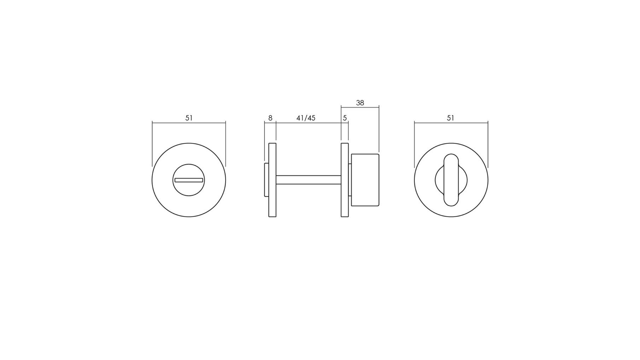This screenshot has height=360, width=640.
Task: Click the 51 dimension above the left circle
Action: [189, 118]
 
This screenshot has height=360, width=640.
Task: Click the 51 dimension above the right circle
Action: [450, 118]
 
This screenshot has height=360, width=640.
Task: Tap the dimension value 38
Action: [360, 103]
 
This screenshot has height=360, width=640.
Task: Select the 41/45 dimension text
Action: [306, 118]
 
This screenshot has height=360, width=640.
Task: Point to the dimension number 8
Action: [270, 118]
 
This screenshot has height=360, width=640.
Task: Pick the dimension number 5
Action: [345, 118]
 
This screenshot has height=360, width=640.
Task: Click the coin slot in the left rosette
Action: [189, 180]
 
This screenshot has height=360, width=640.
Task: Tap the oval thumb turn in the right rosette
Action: [451, 180]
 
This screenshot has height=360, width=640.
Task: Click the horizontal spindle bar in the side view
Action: [308, 180]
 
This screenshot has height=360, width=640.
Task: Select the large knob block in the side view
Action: [365, 180]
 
